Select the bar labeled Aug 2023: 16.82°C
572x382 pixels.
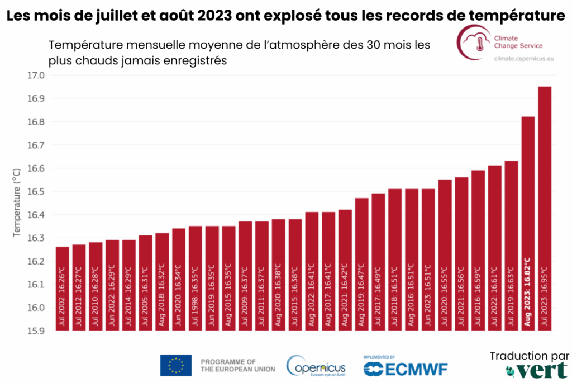[528, 224]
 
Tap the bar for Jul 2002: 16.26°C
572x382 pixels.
[63, 289]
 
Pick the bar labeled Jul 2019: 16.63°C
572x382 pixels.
[511, 246]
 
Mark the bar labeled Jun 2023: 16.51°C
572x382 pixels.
[428, 260]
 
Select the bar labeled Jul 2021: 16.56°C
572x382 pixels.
[461, 254]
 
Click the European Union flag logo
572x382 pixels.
[176, 365]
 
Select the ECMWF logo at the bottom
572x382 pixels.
[405, 368]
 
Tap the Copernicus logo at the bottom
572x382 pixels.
[316, 367]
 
